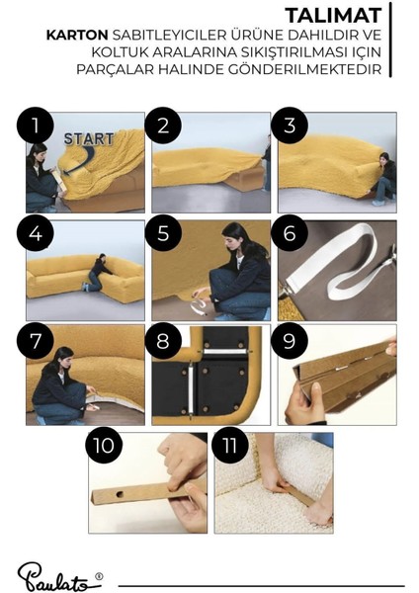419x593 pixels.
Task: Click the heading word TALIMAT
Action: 334,16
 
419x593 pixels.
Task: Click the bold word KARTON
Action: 77,36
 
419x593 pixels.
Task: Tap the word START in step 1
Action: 89,138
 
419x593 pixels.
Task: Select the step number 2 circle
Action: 163,126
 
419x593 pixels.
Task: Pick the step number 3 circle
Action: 290,126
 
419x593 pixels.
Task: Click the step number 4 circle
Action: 36,233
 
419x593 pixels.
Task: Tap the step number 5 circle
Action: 163,233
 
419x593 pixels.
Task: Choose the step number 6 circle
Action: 290,233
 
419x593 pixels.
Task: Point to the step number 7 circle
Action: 36,341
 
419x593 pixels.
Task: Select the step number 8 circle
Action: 163,341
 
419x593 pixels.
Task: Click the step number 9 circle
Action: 290,341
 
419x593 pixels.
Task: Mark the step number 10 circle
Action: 104,445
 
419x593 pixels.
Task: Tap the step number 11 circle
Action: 230,445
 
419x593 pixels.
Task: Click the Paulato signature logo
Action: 56,577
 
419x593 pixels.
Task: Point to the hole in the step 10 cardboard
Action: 120,494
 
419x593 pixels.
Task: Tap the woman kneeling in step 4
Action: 97,273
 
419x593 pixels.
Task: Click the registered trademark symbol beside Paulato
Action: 99,576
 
